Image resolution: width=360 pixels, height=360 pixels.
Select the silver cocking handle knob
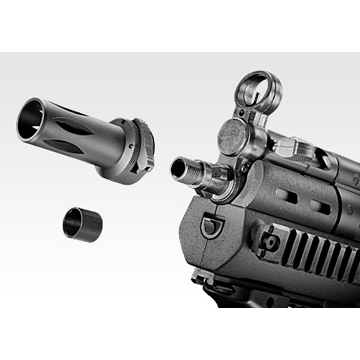click(287, 146)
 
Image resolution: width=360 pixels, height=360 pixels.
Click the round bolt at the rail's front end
click(267, 241)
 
